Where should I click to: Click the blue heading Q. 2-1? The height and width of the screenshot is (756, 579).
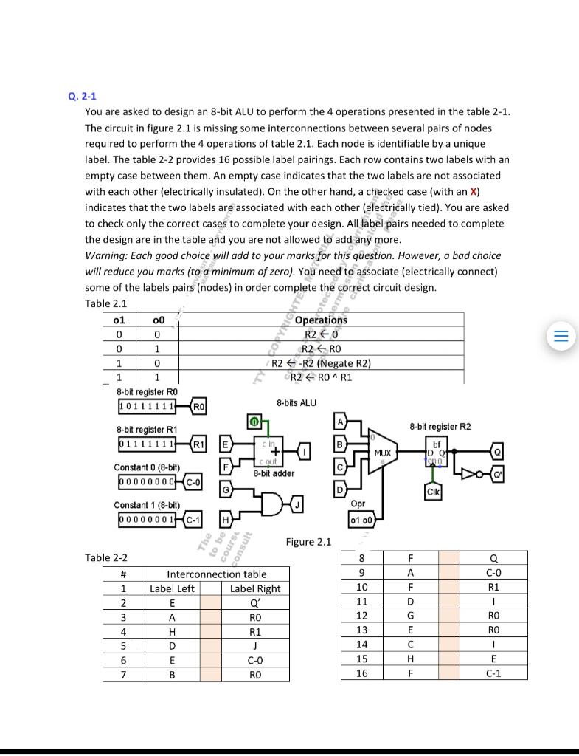(82, 97)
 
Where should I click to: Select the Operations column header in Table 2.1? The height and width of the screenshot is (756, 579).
(321, 320)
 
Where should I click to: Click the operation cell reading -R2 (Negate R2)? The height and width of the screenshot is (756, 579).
(321, 362)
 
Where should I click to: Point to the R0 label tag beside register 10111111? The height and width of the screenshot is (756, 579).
(199, 406)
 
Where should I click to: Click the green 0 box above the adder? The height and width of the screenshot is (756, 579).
(253, 422)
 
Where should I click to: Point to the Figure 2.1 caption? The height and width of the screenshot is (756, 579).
(308, 542)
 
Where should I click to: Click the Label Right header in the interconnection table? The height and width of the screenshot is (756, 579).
(255, 588)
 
